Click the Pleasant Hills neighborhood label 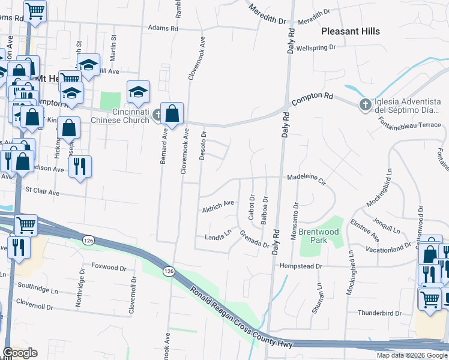[x=351, y=31]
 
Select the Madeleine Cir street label [x=306, y=178]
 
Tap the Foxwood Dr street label [x=109, y=265]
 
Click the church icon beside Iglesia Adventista [x=365, y=105]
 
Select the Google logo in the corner [x=20, y=353]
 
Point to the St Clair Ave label [x=42, y=193]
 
